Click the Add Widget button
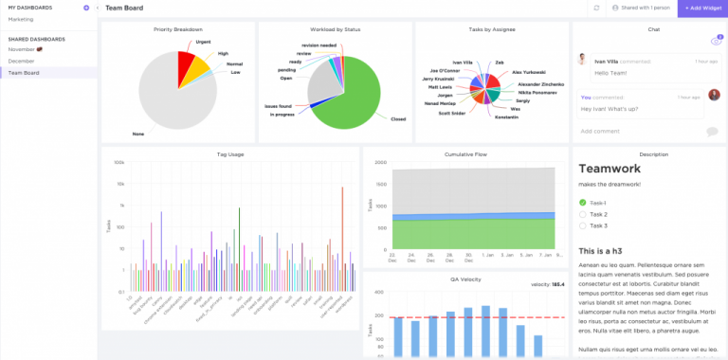[701, 8]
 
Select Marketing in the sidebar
[21, 19]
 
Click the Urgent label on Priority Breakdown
[203, 41]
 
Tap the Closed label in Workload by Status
[398, 118]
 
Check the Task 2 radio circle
[582, 214]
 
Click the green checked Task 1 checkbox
[582, 203]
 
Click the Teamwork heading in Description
[610, 169]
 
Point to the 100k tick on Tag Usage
[119, 162]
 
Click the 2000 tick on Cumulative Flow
[379, 162]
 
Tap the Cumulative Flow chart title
[465, 153]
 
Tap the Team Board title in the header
[124, 8]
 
